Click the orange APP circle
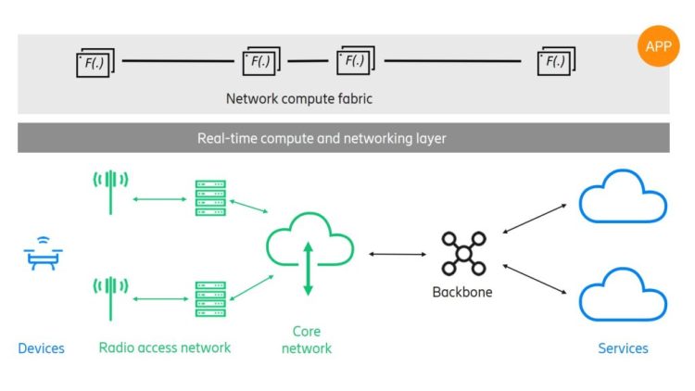point(659,47)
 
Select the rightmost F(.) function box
point(556,62)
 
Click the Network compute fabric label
point(298,98)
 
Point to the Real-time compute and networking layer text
point(322,138)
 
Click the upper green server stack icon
point(210,197)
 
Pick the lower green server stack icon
point(210,298)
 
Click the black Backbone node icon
point(462,254)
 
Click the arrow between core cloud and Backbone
point(397,253)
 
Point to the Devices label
point(42,348)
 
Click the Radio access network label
point(165,347)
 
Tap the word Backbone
point(462,292)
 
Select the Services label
point(623,348)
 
